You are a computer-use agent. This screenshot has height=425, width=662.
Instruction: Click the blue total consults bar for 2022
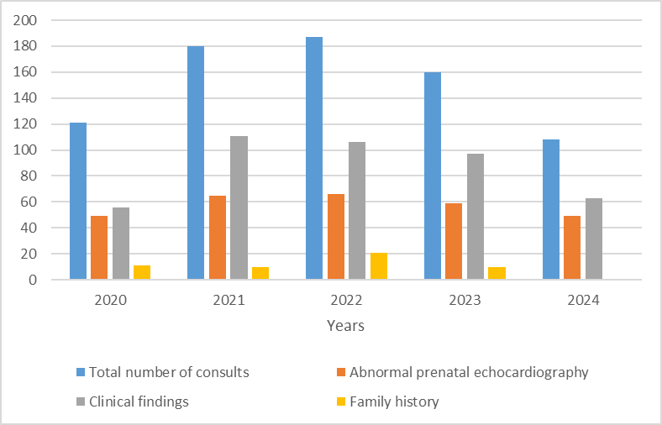[x=314, y=158]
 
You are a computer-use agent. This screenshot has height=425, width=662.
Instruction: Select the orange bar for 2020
[x=99, y=247]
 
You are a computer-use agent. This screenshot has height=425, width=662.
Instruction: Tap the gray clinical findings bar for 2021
[x=239, y=207]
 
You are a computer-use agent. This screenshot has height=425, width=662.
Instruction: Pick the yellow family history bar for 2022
[x=379, y=266]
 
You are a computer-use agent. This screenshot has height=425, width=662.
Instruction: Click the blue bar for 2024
[x=551, y=209]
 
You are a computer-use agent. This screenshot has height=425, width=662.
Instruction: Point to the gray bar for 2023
[x=475, y=217]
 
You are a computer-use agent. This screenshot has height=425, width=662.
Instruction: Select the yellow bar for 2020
[x=142, y=272]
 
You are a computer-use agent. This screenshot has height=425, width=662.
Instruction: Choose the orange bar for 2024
[x=572, y=247]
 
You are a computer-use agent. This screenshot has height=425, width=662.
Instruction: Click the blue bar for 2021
[x=196, y=162]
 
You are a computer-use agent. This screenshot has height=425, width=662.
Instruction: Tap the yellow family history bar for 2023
[x=497, y=273]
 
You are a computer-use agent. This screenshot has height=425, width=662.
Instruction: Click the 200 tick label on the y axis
[x=25, y=20]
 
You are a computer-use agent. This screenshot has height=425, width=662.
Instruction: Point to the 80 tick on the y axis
[x=29, y=176]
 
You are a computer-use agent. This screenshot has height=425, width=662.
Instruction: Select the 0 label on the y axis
[x=34, y=280]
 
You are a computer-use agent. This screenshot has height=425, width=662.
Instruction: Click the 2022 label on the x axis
[x=347, y=300]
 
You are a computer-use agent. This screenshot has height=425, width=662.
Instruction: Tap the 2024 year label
[x=583, y=300]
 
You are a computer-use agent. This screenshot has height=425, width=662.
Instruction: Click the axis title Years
[x=345, y=326]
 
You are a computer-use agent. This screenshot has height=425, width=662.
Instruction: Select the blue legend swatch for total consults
[x=81, y=372]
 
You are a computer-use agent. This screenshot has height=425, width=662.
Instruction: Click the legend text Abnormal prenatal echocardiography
[x=469, y=373]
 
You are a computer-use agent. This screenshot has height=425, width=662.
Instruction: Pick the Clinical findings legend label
[x=139, y=401]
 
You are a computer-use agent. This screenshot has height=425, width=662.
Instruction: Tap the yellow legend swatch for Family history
[x=341, y=401]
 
